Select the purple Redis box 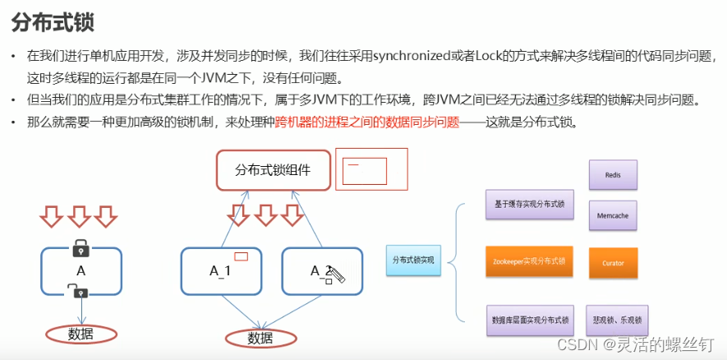(612, 175)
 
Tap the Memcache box (612, 215)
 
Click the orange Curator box (612, 263)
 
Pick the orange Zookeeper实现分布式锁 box (529, 261)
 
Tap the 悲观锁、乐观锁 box (616, 319)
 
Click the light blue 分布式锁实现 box (414, 261)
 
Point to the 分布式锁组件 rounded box (273, 171)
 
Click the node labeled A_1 (219, 270)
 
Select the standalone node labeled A (81, 271)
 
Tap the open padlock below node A (77, 290)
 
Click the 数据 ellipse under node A (81, 334)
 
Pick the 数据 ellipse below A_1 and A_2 (260, 338)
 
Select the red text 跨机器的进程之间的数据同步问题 (366, 123)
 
